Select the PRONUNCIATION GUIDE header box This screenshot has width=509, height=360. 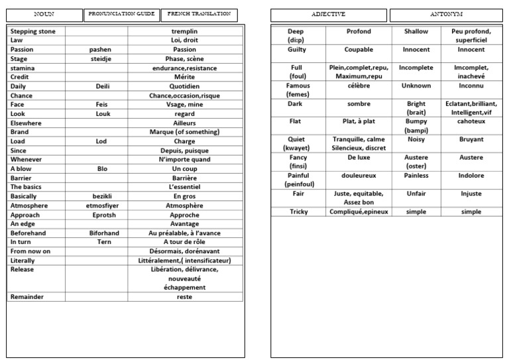pos(121,14)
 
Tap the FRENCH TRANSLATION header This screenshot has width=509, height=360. pos(199,14)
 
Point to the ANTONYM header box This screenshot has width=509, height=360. pos(445,14)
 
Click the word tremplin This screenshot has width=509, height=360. pos(184,31)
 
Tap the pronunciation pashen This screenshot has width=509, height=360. pos(101,50)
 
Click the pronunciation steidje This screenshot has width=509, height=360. pos(101,59)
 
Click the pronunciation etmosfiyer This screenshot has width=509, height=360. pos(101,206)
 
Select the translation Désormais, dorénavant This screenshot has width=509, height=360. pos(184,251)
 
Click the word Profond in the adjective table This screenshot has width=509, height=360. pos(359,31)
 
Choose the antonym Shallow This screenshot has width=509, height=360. pos(416,31)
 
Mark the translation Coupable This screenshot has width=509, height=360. pos(359,50)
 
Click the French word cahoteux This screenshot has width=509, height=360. pos(471,121)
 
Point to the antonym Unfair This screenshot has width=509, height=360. pos(416,194)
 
